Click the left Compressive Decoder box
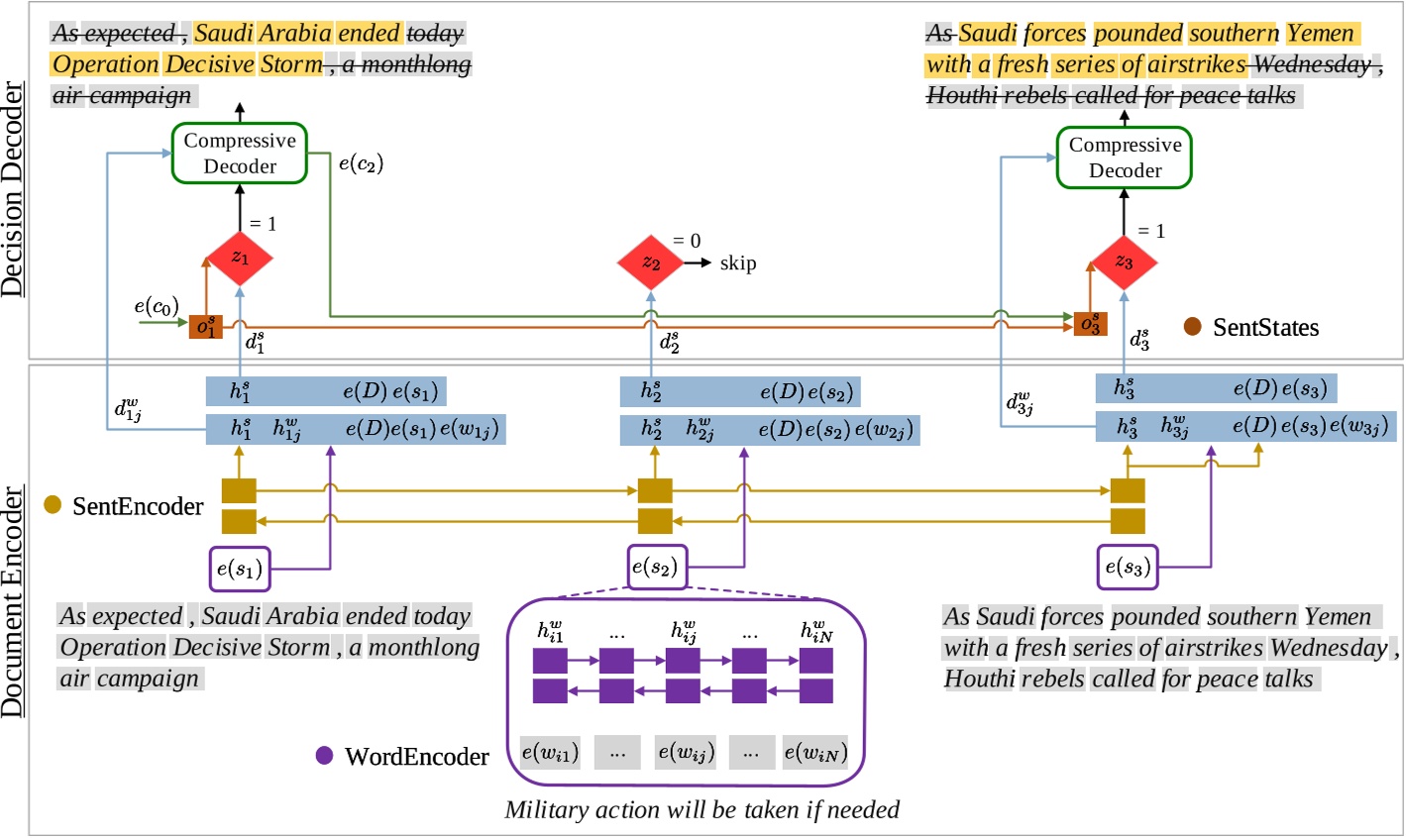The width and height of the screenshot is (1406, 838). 240,154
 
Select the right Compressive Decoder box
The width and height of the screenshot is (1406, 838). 1125,157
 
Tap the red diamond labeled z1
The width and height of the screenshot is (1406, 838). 240,259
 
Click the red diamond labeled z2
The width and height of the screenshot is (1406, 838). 650,262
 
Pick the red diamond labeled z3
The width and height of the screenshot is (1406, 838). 1124,262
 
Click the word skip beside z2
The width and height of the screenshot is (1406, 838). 738,263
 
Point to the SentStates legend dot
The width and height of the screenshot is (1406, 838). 1193,327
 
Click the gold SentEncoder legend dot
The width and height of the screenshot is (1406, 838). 54,506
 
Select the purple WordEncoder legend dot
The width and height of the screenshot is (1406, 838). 324,756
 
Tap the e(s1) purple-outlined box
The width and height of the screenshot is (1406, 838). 239,569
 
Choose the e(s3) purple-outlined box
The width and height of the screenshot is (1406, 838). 1127,568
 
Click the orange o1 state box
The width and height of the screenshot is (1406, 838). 206,327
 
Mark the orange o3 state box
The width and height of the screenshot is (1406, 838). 1090,324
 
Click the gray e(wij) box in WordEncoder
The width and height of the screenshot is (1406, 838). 685,753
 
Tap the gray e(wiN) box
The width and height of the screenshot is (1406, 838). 815,753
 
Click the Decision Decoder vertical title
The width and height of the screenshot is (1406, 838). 13,190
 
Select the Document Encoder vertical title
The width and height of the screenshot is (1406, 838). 13,602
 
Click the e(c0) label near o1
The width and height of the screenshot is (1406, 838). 156,306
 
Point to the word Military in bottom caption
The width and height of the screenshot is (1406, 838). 546,810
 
